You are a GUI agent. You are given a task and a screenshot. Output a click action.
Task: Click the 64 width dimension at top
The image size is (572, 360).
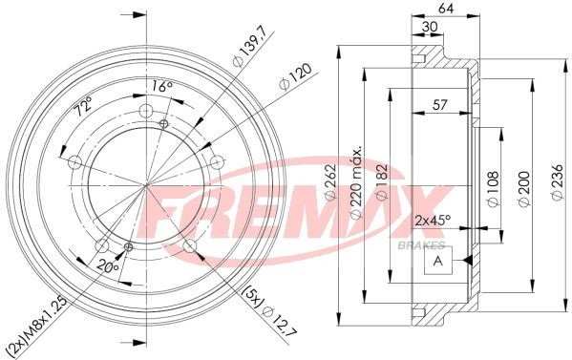(446, 9)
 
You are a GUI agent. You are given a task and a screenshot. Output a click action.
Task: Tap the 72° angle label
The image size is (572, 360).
(83, 106)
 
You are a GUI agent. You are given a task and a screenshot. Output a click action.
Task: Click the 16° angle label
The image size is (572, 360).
(161, 87)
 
